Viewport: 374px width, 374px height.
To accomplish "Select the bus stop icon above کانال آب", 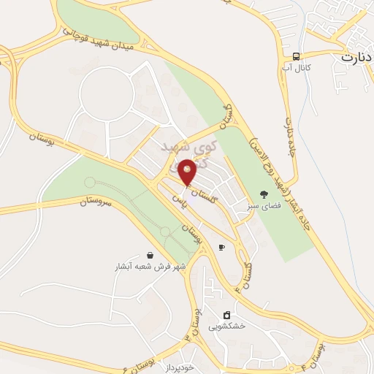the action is tap(296, 56).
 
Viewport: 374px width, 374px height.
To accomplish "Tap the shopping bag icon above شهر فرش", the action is tap(150, 255).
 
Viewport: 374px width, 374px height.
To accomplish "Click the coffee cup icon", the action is tap(221, 248).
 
